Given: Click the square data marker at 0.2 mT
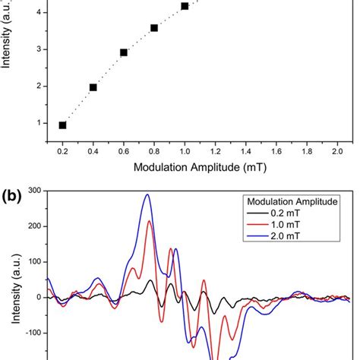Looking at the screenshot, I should (x=62, y=125).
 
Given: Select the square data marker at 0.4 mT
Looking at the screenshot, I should (x=93, y=87).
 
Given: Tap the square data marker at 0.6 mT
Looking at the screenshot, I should (x=124, y=52).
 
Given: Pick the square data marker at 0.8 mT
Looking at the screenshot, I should (x=154, y=28).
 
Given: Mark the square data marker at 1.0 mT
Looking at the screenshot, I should (x=185, y=6).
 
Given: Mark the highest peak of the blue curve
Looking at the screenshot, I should (x=147, y=194).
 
